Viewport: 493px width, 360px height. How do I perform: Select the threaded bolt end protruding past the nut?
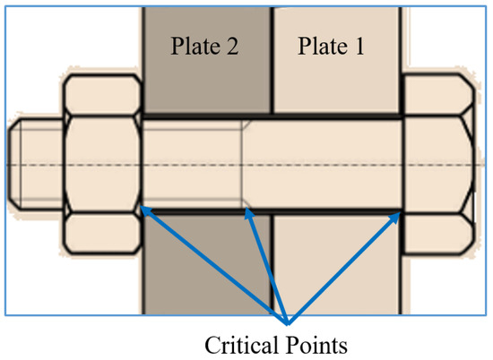coord(36,165)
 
